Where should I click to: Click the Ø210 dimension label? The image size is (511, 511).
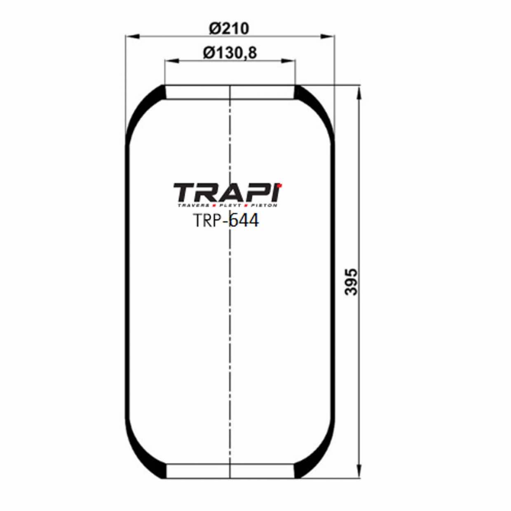tap(229, 28)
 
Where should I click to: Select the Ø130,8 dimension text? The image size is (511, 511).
tap(230, 53)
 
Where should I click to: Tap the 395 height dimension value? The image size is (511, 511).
tap(352, 282)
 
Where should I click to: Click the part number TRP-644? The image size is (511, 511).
tap(226, 221)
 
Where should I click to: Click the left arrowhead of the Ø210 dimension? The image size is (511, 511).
tap(131, 37)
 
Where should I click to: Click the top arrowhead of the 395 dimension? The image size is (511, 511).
tap(359, 92)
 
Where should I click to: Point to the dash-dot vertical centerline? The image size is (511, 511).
tap(229, 330)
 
